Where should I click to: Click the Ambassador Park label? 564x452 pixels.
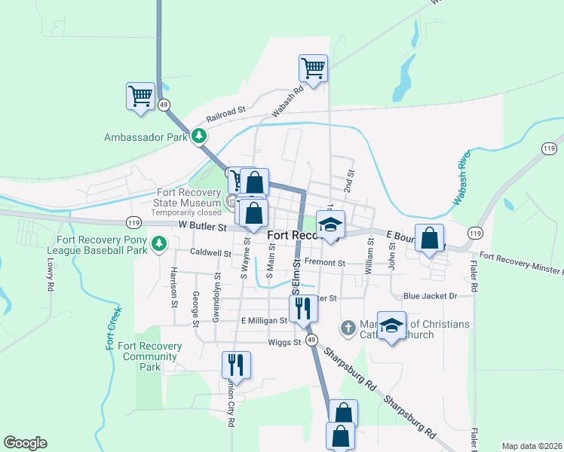(145, 138)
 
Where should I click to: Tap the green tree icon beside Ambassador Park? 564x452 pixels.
(199, 136)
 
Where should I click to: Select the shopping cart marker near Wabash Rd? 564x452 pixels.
(313, 69)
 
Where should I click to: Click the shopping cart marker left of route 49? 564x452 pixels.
(140, 97)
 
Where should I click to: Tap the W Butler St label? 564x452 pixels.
(202, 226)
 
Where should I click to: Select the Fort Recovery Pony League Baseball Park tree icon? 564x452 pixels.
(158, 243)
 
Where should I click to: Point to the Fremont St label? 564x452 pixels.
(325, 263)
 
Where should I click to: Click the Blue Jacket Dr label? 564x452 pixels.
(431, 296)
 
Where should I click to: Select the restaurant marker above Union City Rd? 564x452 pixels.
(236, 365)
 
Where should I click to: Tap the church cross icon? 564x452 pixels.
(348, 327)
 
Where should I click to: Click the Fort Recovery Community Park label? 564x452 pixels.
(150, 356)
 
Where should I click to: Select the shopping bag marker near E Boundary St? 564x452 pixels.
(430, 239)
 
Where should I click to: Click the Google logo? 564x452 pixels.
(26, 443)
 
